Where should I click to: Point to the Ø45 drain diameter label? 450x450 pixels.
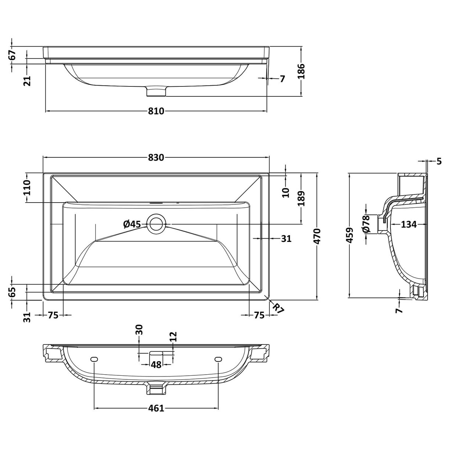click(x=132, y=224)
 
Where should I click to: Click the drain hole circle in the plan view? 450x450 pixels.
click(x=156, y=224)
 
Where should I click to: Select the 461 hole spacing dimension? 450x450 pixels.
click(x=156, y=408)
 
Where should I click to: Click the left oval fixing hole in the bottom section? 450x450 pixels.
click(x=94, y=359)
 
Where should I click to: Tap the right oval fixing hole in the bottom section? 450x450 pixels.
click(x=218, y=359)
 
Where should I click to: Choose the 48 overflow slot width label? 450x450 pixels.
click(x=156, y=365)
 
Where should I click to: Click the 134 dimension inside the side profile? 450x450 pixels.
click(x=408, y=224)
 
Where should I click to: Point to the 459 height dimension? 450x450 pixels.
click(x=350, y=235)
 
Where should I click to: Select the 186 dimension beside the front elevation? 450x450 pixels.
click(x=301, y=72)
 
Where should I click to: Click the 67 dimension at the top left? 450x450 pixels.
click(x=12, y=55)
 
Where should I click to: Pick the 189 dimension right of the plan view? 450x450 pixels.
click(x=301, y=199)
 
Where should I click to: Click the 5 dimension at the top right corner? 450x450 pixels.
click(x=439, y=161)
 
